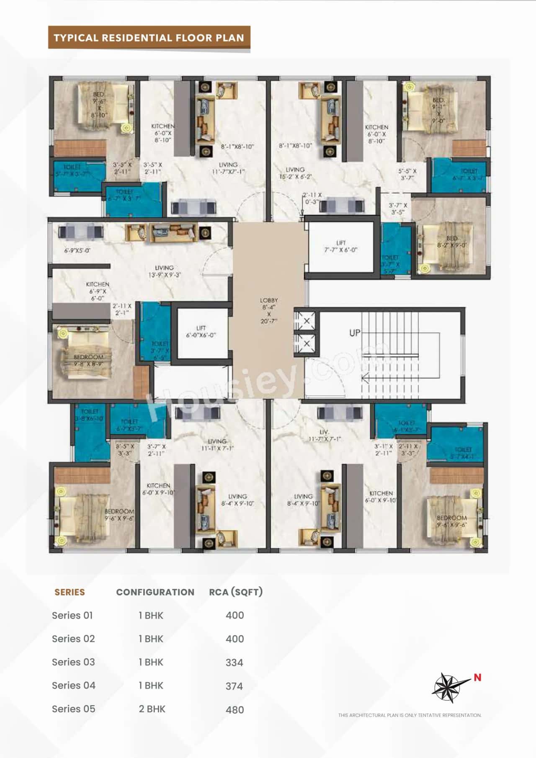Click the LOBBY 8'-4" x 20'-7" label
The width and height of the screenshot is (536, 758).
tap(269, 310)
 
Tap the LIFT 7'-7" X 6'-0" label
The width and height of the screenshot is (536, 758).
tap(341, 246)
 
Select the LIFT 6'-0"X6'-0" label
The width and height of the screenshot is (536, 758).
tap(201, 332)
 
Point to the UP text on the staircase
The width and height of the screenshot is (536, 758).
tap(355, 333)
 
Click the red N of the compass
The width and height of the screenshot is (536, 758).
tap(477, 677)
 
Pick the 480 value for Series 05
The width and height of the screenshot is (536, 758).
tap(234, 710)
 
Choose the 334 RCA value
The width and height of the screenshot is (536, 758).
tap(234, 663)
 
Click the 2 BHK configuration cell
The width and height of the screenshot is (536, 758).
tap(152, 709)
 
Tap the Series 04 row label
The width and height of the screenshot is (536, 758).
tap(74, 686)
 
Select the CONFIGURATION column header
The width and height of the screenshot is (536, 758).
tap(155, 592)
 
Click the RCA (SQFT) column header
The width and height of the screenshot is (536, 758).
tap(236, 592)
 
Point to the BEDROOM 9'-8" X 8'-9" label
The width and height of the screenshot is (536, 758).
tap(88, 360)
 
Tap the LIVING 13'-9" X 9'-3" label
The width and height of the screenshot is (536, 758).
tap(164, 271)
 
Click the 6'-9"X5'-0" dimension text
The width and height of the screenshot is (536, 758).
tap(77, 250)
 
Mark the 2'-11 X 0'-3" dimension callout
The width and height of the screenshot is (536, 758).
tap(312, 198)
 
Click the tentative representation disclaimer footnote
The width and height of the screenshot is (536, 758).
tap(410, 715)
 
